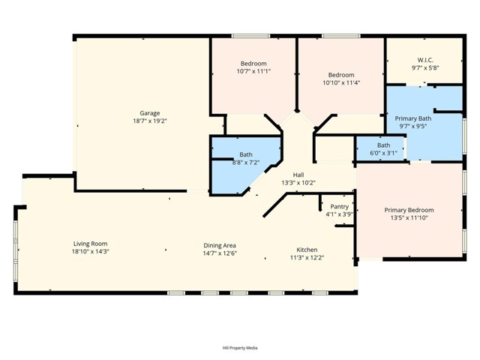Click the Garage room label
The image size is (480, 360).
tap(149, 113)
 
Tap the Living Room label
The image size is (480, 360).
tap(91, 244)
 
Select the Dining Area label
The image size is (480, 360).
tap(220, 245)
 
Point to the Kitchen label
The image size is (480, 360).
tap(307, 250)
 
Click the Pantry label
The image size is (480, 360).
tap(340, 206)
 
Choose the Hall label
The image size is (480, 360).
tap(298, 175)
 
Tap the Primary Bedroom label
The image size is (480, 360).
tap(409, 210)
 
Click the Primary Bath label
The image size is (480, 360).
tap(413, 118)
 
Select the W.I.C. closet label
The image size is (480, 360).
tap(425, 60)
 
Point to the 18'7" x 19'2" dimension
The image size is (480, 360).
tap(149, 121)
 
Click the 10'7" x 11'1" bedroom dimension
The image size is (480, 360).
tap(253, 71)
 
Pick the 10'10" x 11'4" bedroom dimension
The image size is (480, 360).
tap(341, 82)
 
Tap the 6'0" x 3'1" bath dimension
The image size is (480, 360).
tap(384, 153)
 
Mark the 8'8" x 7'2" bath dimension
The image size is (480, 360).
tap(246, 162)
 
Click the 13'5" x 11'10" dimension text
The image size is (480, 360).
tap(409, 218)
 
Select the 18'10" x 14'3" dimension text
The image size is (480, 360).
tap(91, 252)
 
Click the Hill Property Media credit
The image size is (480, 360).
tap(240, 348)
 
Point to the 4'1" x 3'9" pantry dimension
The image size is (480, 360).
tap(340, 214)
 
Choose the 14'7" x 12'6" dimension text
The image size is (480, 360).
tap(220, 253)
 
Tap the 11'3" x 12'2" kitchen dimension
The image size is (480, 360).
tap(307, 258)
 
